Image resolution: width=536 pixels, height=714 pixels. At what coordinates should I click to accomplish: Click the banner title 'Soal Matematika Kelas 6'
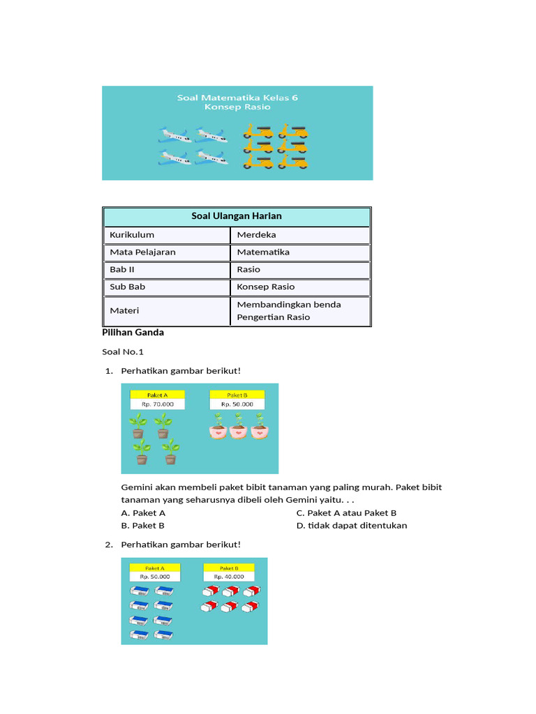(237, 98)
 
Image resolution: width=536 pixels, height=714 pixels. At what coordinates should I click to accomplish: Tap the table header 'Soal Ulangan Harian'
(237, 216)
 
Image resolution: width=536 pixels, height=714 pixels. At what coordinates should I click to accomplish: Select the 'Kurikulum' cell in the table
(132, 235)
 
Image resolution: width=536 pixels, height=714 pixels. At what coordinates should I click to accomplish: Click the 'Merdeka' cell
(256, 235)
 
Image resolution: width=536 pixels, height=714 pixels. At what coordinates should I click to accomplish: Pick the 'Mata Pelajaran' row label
(142, 252)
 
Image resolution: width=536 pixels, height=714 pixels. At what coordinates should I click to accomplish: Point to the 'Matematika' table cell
(263, 252)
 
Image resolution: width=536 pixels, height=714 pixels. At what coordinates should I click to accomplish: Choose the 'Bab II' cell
(122, 269)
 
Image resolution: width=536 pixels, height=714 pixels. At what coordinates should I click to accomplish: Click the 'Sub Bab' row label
(127, 287)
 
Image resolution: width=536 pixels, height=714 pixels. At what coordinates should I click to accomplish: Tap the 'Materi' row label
(124, 310)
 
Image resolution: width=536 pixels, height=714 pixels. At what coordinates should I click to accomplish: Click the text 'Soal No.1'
(122, 352)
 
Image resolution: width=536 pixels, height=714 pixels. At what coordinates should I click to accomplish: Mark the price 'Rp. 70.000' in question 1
(158, 404)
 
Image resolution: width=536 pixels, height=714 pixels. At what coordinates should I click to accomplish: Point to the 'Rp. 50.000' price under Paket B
(237, 404)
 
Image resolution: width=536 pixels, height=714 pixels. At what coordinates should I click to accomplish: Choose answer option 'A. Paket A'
(143, 513)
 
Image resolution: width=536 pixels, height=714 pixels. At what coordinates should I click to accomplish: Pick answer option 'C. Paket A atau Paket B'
(346, 513)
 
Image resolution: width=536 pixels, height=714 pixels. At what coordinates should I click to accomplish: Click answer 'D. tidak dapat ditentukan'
(352, 526)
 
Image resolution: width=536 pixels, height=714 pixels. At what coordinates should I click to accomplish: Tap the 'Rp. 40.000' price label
(229, 577)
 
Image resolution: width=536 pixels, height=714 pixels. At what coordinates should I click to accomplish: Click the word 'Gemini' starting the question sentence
(137, 487)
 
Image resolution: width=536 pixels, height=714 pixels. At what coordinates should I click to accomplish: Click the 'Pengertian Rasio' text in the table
(274, 317)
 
